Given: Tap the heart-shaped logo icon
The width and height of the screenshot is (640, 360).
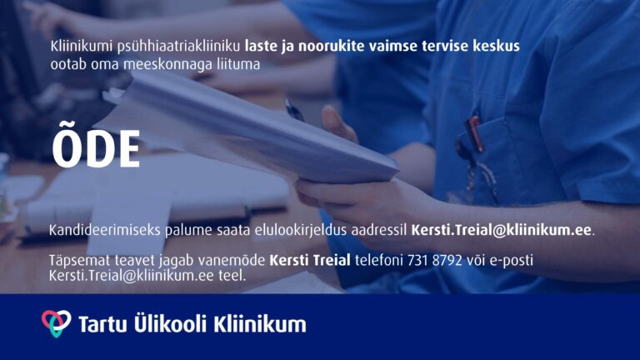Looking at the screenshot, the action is point(57,323).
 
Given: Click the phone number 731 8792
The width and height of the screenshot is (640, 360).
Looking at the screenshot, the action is point(435,260).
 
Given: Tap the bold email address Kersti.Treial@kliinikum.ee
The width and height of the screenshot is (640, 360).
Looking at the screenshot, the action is point(501,230).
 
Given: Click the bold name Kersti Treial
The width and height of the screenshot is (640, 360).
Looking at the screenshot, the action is point(310,260).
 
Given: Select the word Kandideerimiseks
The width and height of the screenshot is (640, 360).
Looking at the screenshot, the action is point(105,230).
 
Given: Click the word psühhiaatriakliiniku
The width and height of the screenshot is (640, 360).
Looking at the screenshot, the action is point(179,47).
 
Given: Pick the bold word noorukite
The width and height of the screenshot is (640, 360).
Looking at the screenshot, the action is point(331,46).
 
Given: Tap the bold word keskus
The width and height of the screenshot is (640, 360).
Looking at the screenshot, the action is point(496,46).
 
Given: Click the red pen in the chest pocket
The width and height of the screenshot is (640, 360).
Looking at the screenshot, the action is point(475,133).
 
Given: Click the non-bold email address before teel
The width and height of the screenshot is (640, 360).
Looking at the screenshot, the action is point(132,276).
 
